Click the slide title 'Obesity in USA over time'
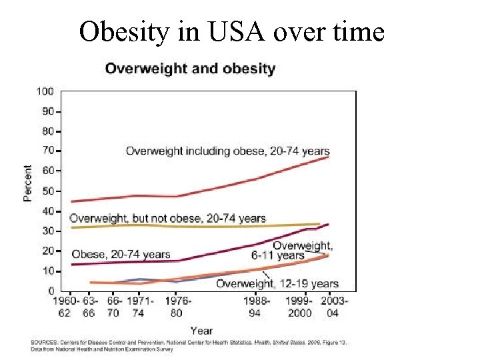tap(231, 31)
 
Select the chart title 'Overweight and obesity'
tap(190, 69)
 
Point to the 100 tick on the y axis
tap(45, 91)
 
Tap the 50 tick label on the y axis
tap(48, 191)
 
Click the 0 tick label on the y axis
tap(51, 291)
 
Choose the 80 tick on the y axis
tap(48, 131)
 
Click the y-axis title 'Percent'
tap(28, 183)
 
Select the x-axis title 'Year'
tap(201, 330)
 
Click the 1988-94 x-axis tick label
tap(256, 307)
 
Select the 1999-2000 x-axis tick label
tap(300, 307)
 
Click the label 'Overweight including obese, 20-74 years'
tap(227, 151)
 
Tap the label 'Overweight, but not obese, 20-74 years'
tap(167, 218)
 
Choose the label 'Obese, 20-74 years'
tap(121, 254)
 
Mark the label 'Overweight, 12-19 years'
tap(277, 284)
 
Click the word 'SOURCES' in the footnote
tap(43, 342)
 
